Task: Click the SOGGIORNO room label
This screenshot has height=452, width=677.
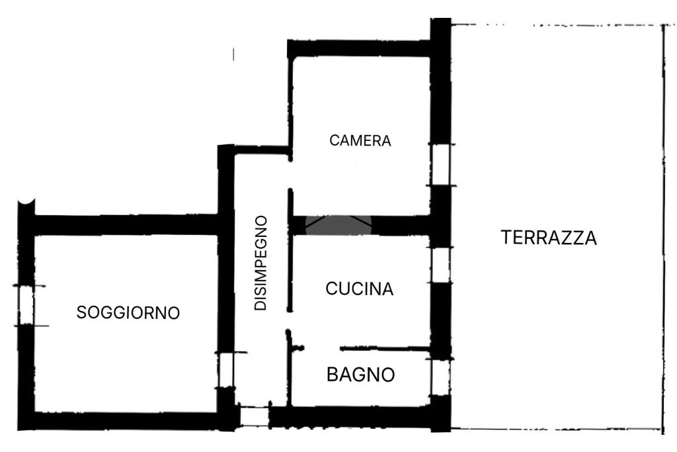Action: tap(128, 312)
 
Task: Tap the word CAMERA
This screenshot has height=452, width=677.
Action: tap(360, 140)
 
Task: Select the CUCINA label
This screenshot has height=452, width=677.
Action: tap(360, 289)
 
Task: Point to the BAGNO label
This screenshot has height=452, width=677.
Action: tap(361, 374)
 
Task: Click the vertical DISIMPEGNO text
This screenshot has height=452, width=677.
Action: tap(260, 263)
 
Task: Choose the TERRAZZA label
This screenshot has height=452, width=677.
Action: tap(549, 238)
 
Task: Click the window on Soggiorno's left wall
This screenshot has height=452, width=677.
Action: tap(26, 306)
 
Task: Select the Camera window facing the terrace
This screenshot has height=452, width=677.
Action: tap(441, 165)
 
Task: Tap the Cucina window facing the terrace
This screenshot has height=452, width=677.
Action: tap(441, 265)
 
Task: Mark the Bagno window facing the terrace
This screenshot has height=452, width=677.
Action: tap(441, 377)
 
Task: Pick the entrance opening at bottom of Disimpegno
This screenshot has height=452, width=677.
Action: tap(255, 417)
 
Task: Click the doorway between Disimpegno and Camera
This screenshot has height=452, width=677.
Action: tap(290, 175)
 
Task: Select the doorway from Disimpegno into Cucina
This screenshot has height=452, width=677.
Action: tap(290, 320)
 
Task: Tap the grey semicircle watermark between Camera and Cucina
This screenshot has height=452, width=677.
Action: tap(338, 225)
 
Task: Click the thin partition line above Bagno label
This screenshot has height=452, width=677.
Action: tap(384, 348)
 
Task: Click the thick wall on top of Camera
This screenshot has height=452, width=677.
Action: tap(359, 48)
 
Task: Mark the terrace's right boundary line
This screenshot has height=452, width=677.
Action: tap(662, 229)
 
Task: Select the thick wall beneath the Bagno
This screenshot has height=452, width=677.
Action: tap(350, 417)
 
